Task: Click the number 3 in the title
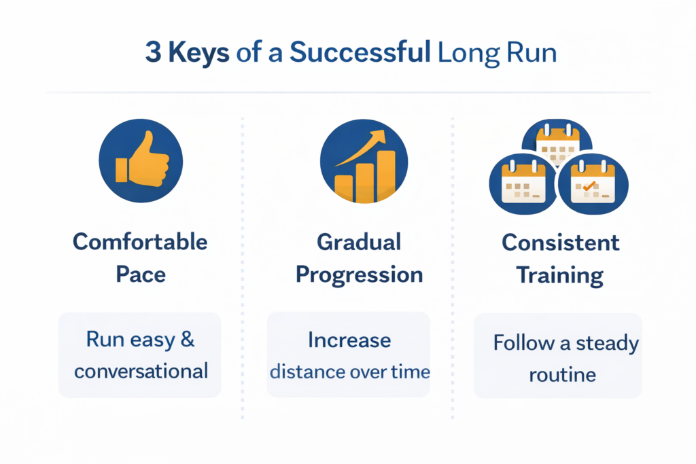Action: pyautogui.click(x=153, y=52)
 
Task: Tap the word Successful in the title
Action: pyautogui.click(x=360, y=52)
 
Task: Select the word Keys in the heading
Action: pyautogui.click(x=199, y=53)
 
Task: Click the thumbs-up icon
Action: pyautogui.click(x=142, y=158)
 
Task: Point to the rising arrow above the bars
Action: pyautogui.click(x=360, y=147)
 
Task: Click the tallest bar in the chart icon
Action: pyautogui.click(x=386, y=175)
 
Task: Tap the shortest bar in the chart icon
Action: pyautogui.click(x=343, y=189)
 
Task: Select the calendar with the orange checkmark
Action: pyautogui.click(x=593, y=183)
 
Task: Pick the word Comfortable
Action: pyautogui.click(x=140, y=243)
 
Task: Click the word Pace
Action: pyautogui.click(x=141, y=274)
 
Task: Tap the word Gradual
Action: pyautogui.click(x=359, y=243)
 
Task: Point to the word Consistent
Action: pyautogui.click(x=561, y=243)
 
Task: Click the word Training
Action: pyautogui.click(x=560, y=276)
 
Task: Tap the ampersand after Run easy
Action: pyautogui.click(x=188, y=340)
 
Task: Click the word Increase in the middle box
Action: pyautogui.click(x=349, y=340)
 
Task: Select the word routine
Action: pyautogui.click(x=562, y=375)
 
